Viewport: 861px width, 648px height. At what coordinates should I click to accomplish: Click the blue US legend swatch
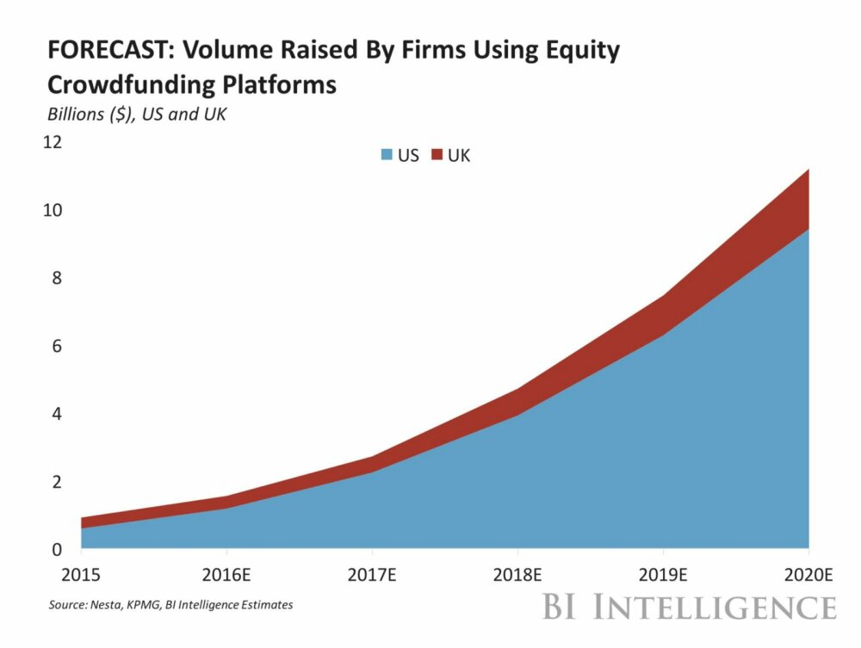coord(386,156)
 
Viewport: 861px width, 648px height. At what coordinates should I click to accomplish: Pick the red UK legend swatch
coord(436,156)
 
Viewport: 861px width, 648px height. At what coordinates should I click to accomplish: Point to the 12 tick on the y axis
coord(53,142)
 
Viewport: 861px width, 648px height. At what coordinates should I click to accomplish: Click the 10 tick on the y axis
coord(53,210)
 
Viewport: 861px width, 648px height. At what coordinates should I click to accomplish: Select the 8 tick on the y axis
coord(57,278)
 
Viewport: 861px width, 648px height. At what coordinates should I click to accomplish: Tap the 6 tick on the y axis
coord(57,346)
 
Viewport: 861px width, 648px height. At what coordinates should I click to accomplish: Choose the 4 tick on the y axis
coord(57,414)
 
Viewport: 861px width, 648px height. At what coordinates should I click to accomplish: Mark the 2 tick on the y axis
coord(57,482)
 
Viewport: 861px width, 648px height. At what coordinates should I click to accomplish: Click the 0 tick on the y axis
coord(57,549)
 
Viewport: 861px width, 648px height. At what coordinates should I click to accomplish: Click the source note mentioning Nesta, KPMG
coord(170,605)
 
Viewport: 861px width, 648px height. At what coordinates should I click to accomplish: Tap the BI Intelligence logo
coord(689,607)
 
